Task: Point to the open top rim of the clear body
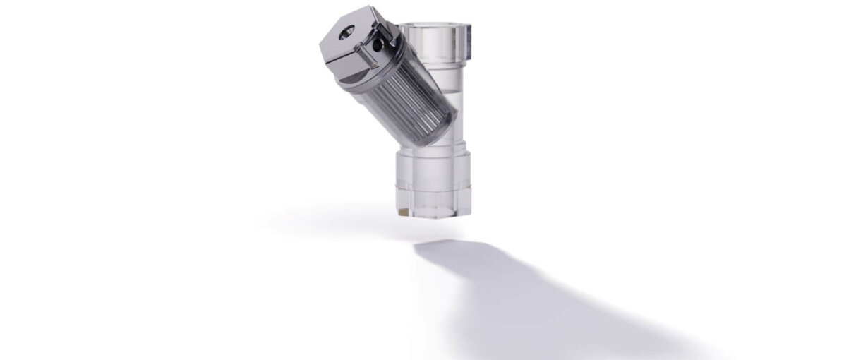[x=435, y=28]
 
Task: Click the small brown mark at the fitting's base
[x=402, y=210]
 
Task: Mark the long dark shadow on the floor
[x=536, y=296]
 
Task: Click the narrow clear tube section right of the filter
[x=452, y=106]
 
